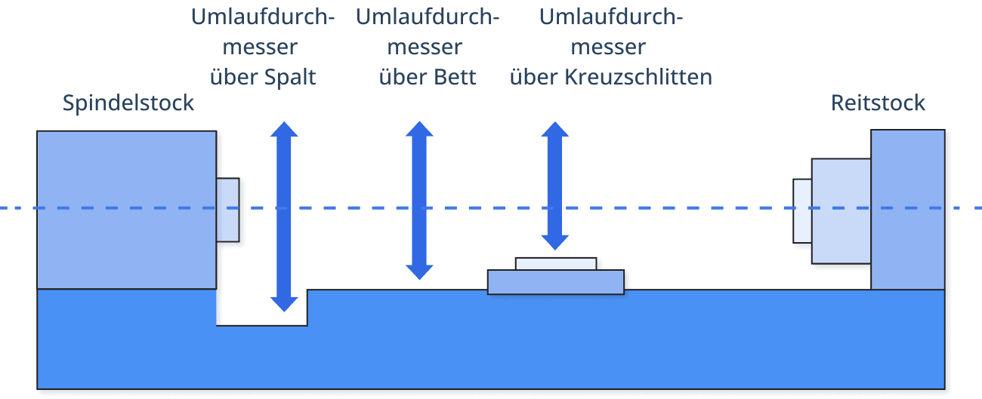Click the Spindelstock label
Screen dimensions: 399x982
pos(128,103)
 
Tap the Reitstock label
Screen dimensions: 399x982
pos(879,103)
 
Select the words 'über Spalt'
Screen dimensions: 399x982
pos(262,77)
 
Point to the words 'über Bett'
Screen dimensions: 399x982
pos(428,77)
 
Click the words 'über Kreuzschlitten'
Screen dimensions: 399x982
pos(610,77)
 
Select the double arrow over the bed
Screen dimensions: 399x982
pos(419,200)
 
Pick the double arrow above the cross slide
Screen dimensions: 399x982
pos(555,186)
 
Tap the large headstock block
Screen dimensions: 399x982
pos(126,209)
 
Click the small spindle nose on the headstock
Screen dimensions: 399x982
pos(227,210)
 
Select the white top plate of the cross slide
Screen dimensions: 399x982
pos(556,263)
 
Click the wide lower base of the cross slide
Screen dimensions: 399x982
pos(555,281)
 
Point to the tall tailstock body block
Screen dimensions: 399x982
pos(907,209)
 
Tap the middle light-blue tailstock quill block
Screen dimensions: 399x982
pos(841,210)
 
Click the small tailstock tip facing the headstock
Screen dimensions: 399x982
pos(802,210)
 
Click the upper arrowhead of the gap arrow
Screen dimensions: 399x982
pos(284,129)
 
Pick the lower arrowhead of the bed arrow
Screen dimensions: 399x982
pos(419,272)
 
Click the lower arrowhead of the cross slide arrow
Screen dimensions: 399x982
pos(555,242)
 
